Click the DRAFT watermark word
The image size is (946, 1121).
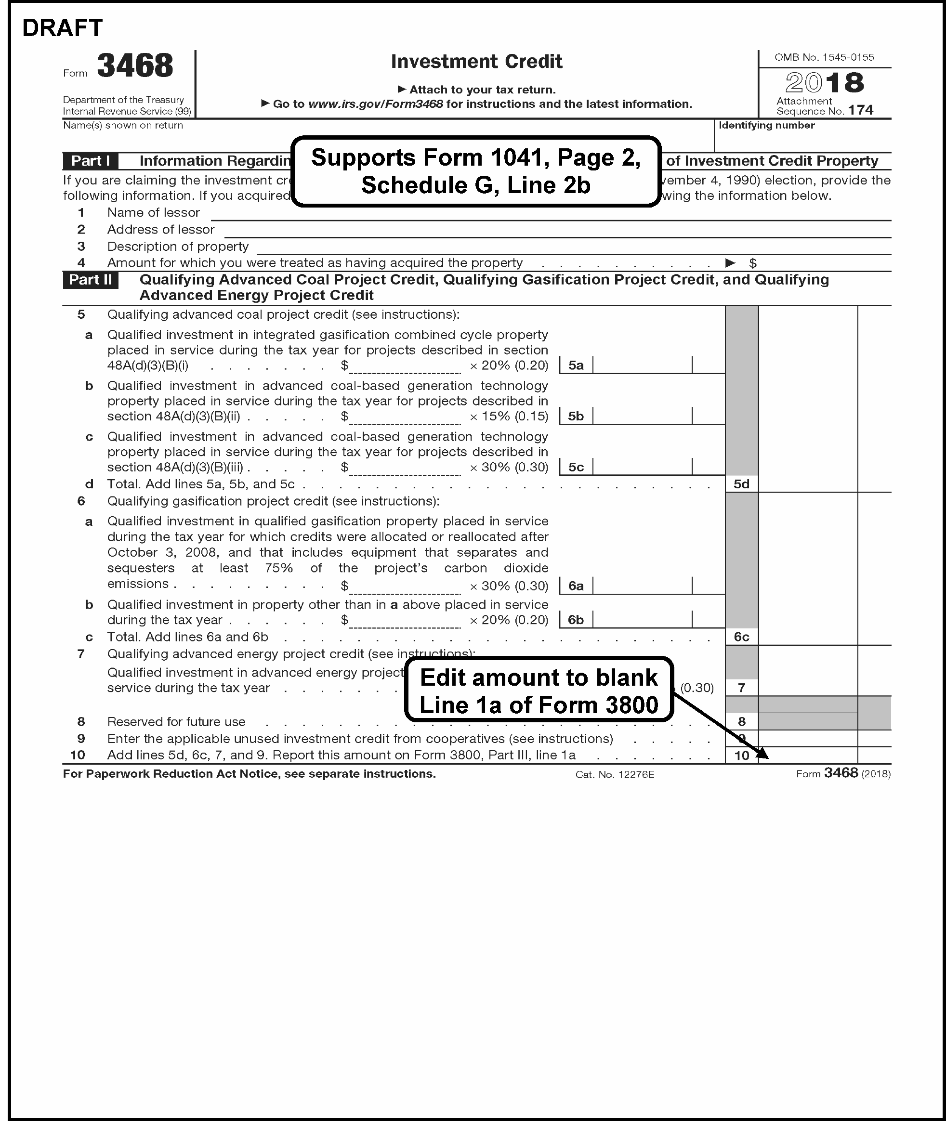62,28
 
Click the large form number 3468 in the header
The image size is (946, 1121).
135,66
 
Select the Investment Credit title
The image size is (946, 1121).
476,62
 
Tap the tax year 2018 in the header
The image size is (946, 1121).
824,82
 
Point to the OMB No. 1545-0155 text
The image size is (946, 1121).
824,57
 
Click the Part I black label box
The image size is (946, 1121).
90,161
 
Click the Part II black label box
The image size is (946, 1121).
91,280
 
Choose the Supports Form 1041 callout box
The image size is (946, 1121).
476,171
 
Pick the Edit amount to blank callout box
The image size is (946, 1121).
539,691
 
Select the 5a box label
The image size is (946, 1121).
576,365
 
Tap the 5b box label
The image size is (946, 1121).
576,417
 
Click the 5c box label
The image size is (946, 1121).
576,468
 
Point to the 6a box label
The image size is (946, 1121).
576,586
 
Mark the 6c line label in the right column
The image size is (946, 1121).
742,637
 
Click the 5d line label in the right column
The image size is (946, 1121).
742,484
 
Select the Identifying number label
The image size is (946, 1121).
766,126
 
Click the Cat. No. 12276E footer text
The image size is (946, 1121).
615,775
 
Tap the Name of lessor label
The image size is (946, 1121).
153,213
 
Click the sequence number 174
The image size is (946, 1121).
861,110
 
